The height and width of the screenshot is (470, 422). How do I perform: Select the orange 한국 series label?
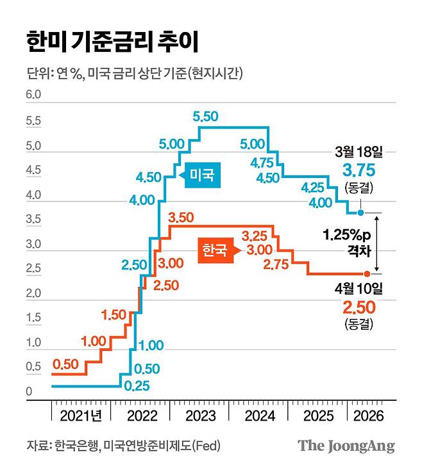click(214, 250)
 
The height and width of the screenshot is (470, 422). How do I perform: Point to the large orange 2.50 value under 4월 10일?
click(358, 307)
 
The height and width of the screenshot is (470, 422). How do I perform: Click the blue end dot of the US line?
click(361, 213)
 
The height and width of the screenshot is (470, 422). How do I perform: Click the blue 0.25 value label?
click(137, 385)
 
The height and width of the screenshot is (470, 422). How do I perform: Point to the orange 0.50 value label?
click(65, 364)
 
